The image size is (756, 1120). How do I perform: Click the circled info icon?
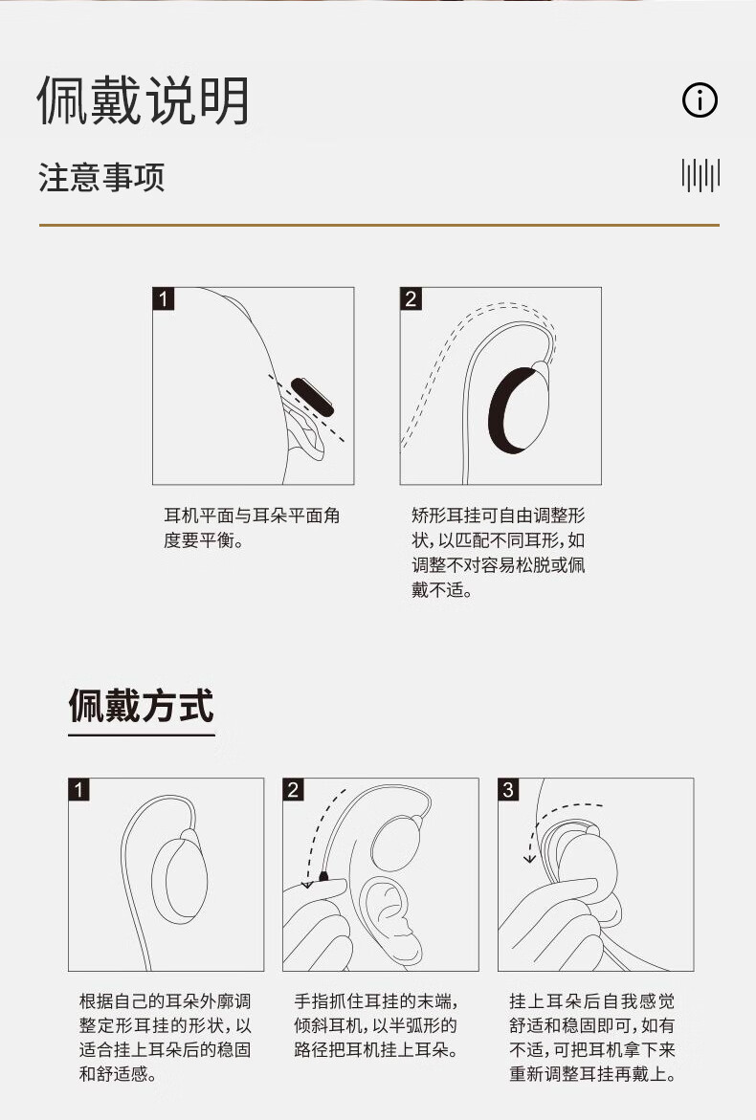click(700, 100)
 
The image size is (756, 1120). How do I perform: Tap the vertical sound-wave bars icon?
click(700, 175)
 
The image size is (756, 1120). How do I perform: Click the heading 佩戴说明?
click(144, 100)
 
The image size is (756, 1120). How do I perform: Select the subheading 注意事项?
click(101, 177)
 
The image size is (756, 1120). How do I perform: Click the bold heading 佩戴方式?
click(142, 706)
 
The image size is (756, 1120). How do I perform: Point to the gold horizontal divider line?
click(379, 225)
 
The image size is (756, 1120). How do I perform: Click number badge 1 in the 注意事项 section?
click(164, 298)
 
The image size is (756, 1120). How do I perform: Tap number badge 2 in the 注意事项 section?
click(411, 298)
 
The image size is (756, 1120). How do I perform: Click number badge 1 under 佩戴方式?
click(79, 789)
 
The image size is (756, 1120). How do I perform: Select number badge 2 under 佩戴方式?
click(293, 789)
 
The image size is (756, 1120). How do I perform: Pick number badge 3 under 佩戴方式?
click(508, 789)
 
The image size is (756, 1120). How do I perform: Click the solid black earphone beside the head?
click(312, 396)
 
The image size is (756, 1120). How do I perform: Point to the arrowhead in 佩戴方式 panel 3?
click(529, 857)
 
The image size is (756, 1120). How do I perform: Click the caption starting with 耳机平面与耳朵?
click(252, 528)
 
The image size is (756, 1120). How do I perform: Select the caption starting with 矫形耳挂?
click(498, 552)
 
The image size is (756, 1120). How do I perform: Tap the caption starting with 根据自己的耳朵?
click(165, 1037)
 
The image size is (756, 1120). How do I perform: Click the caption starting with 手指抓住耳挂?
click(376, 1025)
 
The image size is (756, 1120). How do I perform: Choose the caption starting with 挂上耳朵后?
click(592, 1037)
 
